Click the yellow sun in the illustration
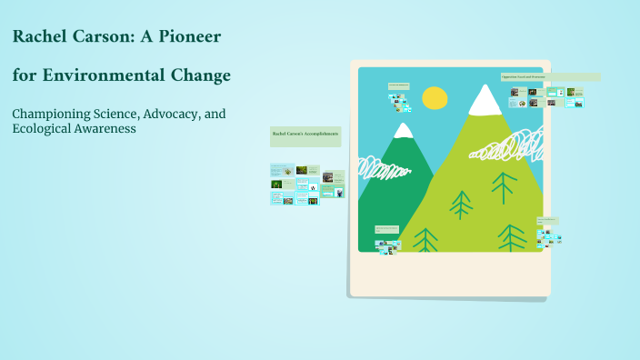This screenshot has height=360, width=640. point(435,97)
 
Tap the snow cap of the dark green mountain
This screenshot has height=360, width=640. point(403,130)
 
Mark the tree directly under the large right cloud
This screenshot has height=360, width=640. point(504,187)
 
